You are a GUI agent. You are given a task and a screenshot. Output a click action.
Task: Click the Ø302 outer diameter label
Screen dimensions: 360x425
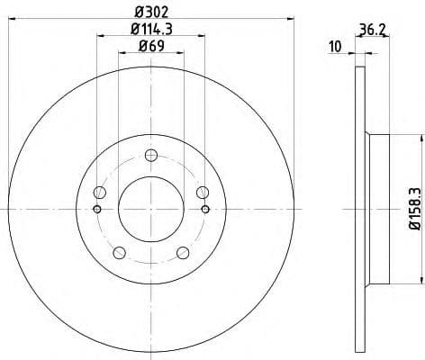click(x=151, y=10)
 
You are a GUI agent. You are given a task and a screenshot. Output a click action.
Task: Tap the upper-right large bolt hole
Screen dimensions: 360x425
click(x=202, y=193)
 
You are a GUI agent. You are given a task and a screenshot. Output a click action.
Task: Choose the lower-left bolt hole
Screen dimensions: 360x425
click(x=120, y=251)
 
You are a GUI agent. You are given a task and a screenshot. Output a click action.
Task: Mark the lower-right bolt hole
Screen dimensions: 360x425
click(x=183, y=251)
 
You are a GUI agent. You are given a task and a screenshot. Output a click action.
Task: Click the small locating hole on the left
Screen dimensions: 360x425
click(x=96, y=211)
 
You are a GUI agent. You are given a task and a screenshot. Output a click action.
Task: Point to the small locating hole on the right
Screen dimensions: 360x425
click(x=206, y=211)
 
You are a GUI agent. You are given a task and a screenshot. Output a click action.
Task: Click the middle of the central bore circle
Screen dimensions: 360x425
click(x=151, y=209)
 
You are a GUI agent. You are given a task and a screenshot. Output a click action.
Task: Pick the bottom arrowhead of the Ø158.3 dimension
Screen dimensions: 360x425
click(x=420, y=280)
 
